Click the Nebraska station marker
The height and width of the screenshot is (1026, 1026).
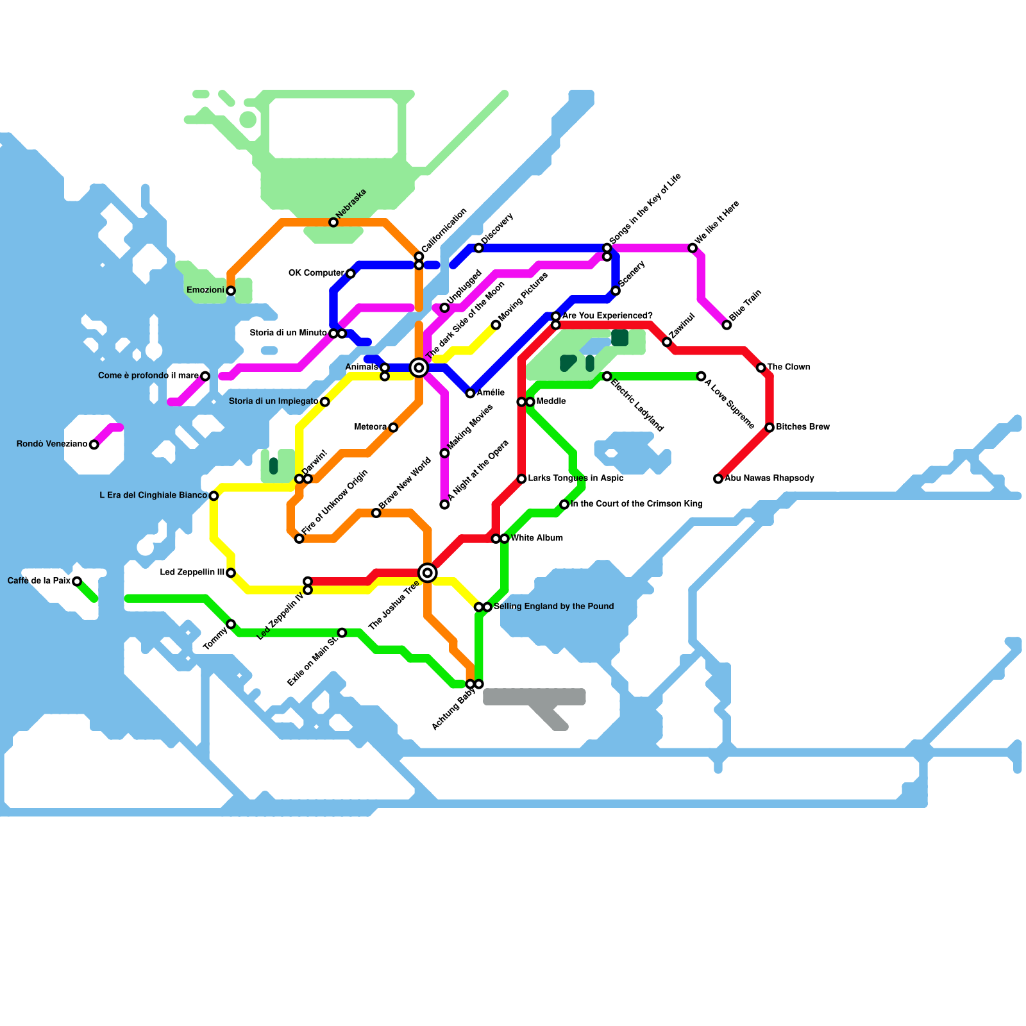point(333,223)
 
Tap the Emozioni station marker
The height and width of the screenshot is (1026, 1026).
point(231,291)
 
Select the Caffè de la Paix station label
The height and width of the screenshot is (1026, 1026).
point(38,581)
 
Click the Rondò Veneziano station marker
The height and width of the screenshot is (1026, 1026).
point(94,445)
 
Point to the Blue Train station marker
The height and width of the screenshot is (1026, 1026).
point(727,325)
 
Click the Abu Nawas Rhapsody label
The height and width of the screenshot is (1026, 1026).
point(769,478)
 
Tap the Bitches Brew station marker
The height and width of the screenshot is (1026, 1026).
point(769,428)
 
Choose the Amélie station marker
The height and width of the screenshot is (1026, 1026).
point(471,393)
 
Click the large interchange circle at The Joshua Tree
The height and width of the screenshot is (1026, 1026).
point(428,573)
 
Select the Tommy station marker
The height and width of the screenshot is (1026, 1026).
point(231,625)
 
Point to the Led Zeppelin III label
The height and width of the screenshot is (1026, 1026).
point(192,573)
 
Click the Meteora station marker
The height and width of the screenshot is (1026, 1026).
point(393,428)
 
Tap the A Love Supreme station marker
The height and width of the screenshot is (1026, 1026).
point(702,376)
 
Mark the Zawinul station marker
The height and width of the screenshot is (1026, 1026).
point(667,342)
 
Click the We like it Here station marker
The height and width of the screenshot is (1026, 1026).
point(693,248)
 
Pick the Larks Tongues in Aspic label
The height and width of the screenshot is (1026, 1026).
point(576,478)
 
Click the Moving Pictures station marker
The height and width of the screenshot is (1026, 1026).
point(496,325)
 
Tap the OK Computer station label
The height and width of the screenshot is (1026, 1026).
point(316,273)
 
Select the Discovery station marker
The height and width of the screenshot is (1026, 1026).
point(479,248)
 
